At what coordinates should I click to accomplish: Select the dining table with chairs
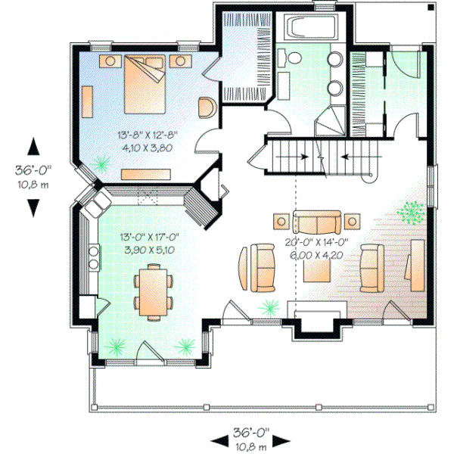(153, 291)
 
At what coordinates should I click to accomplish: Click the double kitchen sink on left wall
(95, 258)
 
